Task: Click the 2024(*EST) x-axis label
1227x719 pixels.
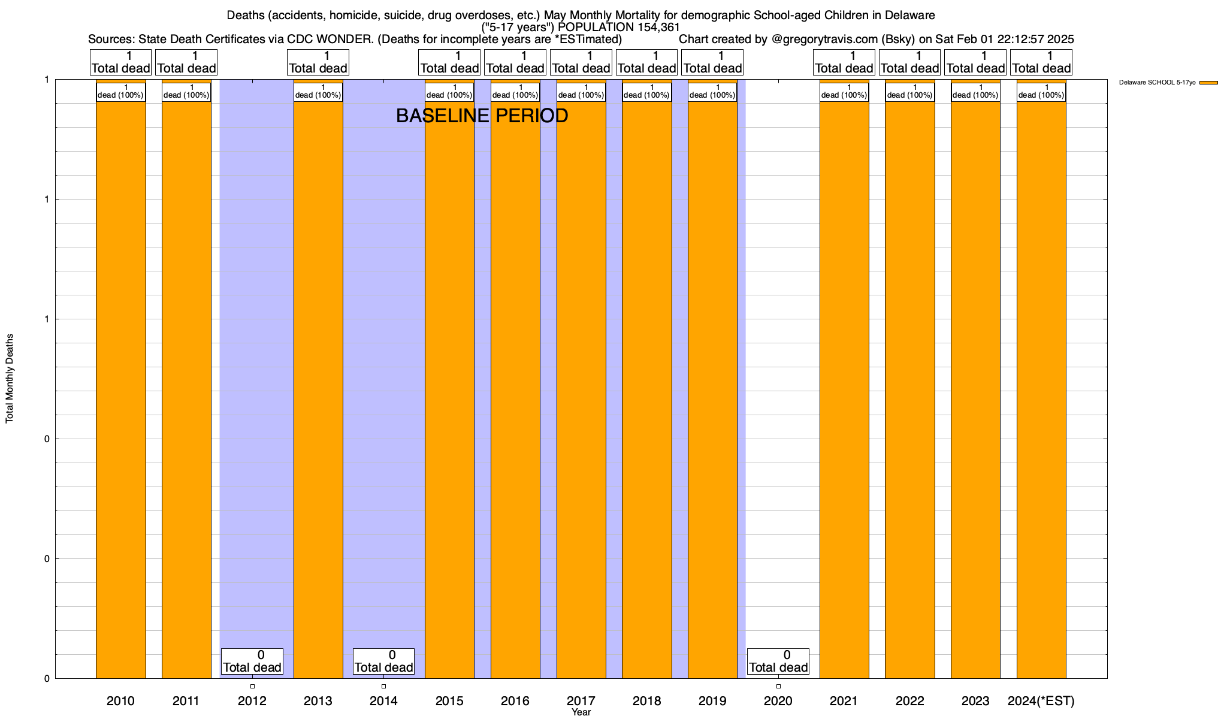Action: (x=1041, y=701)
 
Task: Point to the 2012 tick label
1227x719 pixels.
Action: (x=252, y=701)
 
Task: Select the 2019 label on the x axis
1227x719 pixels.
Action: (x=712, y=701)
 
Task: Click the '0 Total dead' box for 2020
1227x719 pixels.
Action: (x=778, y=661)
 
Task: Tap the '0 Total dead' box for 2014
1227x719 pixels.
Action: (x=383, y=661)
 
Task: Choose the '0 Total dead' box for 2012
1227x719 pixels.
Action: (x=252, y=661)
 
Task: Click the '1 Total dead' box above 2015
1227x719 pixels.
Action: (x=449, y=62)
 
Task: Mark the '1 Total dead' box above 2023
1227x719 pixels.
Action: (x=975, y=62)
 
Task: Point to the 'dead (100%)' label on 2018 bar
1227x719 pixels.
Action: (x=647, y=92)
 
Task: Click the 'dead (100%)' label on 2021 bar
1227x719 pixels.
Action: (x=844, y=92)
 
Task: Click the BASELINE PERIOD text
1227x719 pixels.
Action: (x=482, y=116)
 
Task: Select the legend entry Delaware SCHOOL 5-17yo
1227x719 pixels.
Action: (x=1157, y=83)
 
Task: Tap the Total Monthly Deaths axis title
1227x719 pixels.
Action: (x=10, y=379)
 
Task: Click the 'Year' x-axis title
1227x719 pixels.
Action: (x=581, y=712)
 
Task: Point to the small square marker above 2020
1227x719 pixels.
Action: (x=778, y=686)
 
